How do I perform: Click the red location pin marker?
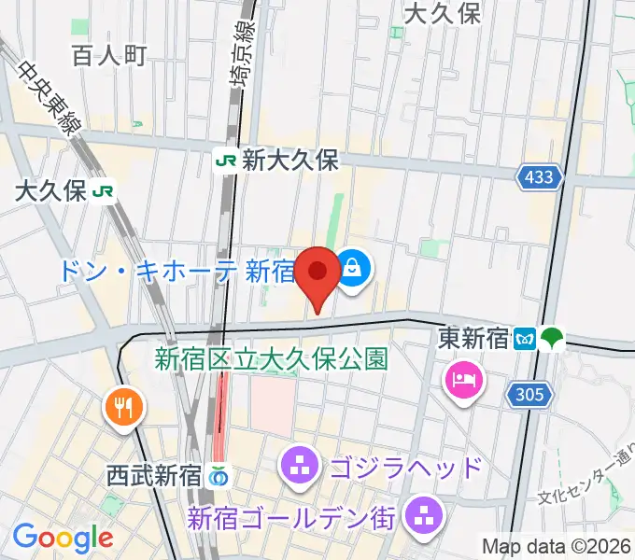click(x=319, y=273)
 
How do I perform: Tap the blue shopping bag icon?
click(x=352, y=270)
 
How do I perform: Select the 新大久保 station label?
click(x=289, y=160)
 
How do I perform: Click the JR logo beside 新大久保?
click(x=226, y=160)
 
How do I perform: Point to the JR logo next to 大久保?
click(x=103, y=191)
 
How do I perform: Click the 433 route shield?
click(x=539, y=176)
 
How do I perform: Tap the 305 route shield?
click(x=528, y=395)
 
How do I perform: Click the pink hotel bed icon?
click(x=463, y=378)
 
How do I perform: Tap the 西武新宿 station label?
click(x=153, y=474)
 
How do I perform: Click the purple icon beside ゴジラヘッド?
click(x=300, y=465)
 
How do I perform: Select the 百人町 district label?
click(x=108, y=55)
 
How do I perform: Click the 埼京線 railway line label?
click(x=242, y=69)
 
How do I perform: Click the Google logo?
click(x=63, y=538)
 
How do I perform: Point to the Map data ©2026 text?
click(x=556, y=545)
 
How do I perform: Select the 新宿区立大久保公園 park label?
click(x=271, y=357)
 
